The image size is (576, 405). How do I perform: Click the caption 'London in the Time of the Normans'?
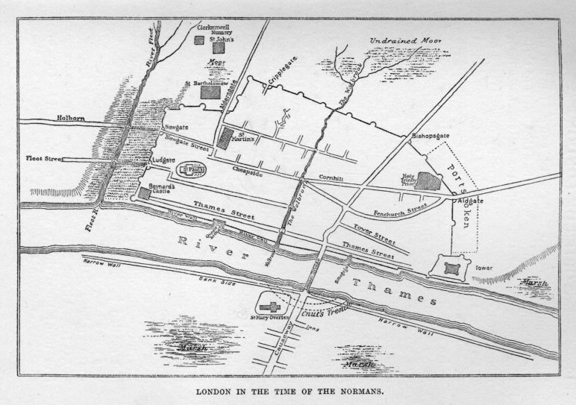(x=287, y=391)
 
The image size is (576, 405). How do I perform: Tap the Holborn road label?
(x=71, y=118)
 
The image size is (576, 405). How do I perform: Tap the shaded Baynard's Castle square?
(x=144, y=194)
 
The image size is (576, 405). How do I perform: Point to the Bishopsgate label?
(x=428, y=137)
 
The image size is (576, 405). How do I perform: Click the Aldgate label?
(x=470, y=201)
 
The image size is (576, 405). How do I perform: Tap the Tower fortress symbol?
(x=448, y=266)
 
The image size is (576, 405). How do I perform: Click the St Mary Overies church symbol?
(x=271, y=306)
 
